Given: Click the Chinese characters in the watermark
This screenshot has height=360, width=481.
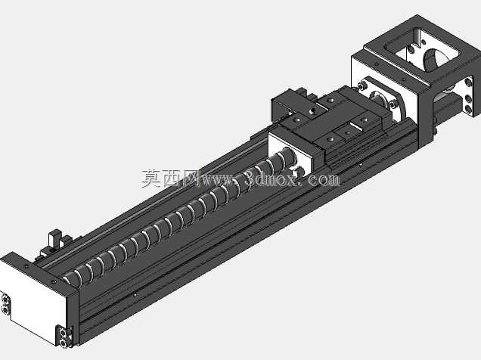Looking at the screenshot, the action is point(169,178).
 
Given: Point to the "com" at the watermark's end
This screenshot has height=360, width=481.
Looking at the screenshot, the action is point(325,180).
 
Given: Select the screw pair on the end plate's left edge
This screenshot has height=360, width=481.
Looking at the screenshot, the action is point(5,304).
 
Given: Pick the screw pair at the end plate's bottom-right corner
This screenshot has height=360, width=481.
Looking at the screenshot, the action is point(64,337).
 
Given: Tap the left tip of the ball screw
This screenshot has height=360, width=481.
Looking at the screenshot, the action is point(66,280).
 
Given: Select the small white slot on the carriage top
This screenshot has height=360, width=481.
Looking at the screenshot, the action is point(355,126).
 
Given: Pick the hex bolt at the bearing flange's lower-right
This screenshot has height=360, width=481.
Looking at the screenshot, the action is point(393,104).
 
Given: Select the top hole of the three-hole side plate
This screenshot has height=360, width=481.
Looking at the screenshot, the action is point(468,82).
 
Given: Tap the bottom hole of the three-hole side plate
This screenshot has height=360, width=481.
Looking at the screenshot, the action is point(468,108).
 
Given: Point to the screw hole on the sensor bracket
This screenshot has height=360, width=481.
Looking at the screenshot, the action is point(312,110).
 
